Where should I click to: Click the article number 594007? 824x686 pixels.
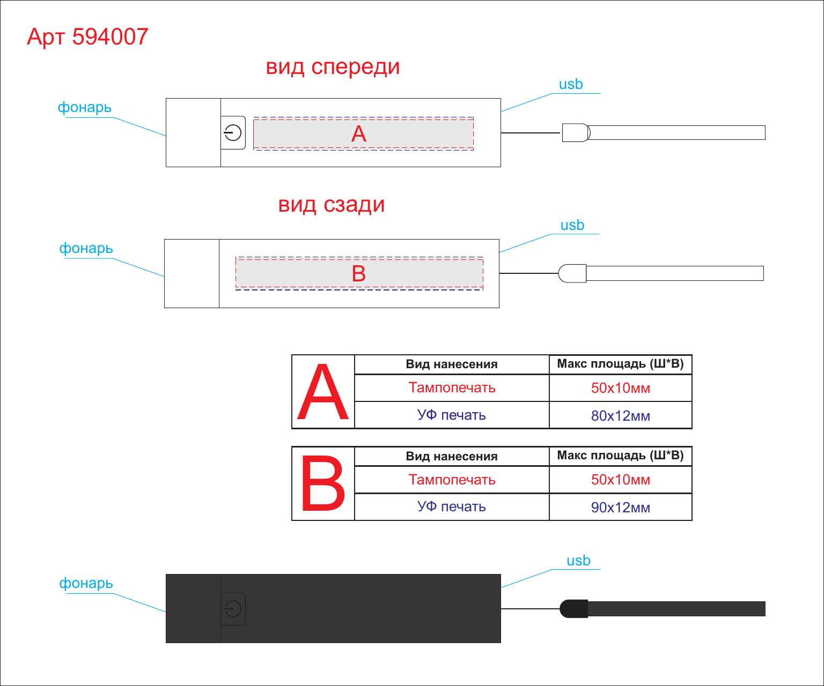tap(110, 36)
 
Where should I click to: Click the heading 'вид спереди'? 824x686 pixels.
tap(333, 67)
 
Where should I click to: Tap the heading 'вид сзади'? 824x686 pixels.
tap(332, 205)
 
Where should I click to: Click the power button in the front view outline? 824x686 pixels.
tap(233, 132)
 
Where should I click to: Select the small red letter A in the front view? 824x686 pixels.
tap(359, 134)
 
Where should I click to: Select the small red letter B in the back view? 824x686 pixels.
tap(359, 274)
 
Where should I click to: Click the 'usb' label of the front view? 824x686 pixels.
tap(571, 84)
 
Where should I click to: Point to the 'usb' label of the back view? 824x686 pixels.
tap(572, 225)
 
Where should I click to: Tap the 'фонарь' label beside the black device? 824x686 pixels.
tap(86, 583)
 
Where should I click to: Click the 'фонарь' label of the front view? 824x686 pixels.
tap(84, 107)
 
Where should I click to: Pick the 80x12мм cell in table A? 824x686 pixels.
tap(620, 415)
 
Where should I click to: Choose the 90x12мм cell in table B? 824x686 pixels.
tap(620, 508)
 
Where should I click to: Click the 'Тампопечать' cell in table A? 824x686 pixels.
tap(452, 388)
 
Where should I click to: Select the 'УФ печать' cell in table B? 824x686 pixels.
tap(452, 506)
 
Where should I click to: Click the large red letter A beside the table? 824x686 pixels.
tap(323, 392)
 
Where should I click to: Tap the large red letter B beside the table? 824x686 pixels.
tap(323, 483)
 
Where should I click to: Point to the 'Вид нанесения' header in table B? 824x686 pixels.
tap(452, 456)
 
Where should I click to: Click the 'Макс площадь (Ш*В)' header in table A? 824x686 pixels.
tap(620, 363)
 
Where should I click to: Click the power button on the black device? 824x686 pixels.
tap(233, 609)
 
